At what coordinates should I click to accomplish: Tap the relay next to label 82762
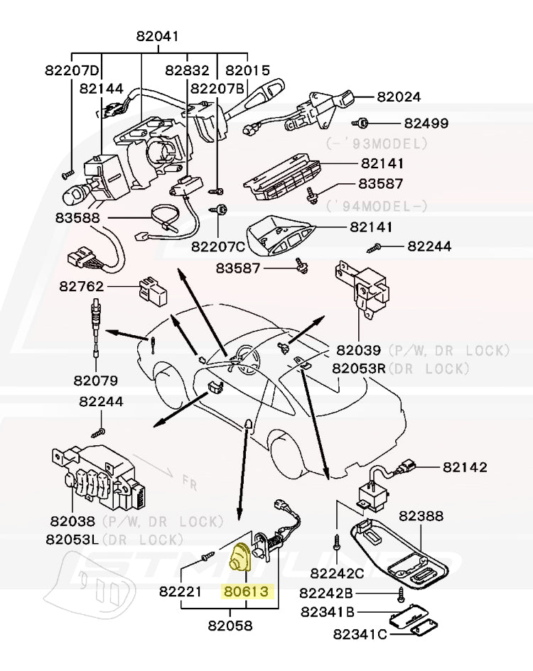[x=151, y=287]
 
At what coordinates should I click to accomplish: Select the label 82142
[x=465, y=467]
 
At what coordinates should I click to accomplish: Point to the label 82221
[x=181, y=591]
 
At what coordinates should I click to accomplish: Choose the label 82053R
[x=359, y=368]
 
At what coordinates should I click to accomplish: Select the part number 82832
[x=188, y=70]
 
